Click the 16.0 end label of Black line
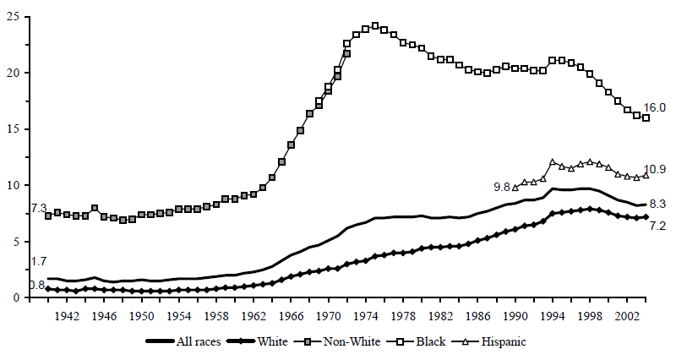pos(656,107)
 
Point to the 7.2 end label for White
pos(657,226)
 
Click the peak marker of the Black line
pos(375,26)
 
